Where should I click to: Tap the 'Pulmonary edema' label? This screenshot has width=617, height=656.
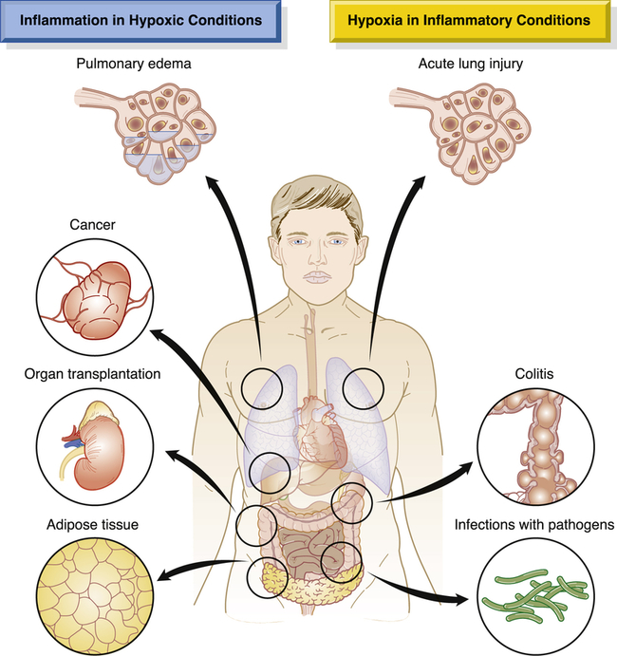137,66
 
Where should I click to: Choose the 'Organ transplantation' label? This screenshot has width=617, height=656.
93,373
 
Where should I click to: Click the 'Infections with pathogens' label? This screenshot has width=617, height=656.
534,523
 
